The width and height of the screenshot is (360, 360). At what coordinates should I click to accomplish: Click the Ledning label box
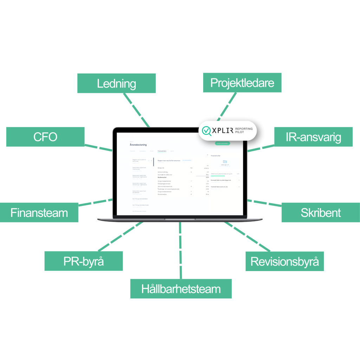(x=116, y=83)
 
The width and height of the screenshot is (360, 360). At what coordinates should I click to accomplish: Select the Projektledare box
(x=242, y=83)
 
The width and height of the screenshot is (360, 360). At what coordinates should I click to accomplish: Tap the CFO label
(x=45, y=136)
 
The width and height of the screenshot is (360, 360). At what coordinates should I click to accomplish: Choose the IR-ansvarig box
(x=313, y=137)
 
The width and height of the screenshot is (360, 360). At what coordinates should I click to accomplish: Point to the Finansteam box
(x=39, y=212)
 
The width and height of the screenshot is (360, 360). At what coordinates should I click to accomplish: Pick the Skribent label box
(x=320, y=212)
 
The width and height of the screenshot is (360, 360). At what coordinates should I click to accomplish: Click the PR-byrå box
(x=83, y=261)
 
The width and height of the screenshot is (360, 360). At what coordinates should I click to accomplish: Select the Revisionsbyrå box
(x=284, y=261)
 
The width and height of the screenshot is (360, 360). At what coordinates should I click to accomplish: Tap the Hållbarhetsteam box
(x=181, y=289)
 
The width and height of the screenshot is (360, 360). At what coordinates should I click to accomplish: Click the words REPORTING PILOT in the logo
(x=244, y=131)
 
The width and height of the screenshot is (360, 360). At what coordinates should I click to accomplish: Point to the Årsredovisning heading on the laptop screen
(x=138, y=144)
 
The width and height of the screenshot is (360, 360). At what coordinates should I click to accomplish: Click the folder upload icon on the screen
(x=225, y=162)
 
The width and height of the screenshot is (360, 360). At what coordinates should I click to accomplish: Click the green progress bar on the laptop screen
(x=218, y=176)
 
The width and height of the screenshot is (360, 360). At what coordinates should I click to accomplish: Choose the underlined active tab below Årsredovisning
(x=162, y=151)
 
